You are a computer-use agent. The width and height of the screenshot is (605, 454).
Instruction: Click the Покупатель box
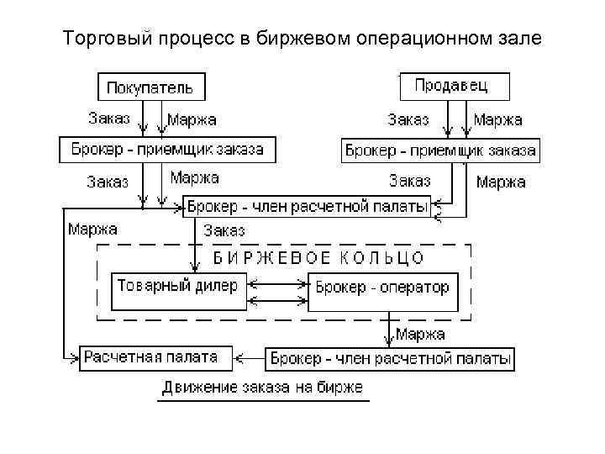(x=152, y=87)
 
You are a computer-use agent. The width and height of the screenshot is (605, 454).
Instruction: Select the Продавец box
(x=455, y=86)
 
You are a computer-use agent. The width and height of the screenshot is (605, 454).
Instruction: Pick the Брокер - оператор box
(x=383, y=288)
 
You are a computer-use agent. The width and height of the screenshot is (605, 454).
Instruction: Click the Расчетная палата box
(x=150, y=357)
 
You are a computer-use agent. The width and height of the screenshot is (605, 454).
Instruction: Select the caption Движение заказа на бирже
(x=263, y=388)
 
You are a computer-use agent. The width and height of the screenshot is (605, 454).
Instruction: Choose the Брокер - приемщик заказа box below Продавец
(x=440, y=151)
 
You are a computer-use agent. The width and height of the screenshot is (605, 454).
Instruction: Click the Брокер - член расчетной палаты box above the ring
(x=308, y=206)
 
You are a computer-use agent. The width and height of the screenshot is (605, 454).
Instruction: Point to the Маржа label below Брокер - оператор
(x=421, y=335)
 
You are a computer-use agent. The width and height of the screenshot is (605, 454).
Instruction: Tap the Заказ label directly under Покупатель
(x=109, y=119)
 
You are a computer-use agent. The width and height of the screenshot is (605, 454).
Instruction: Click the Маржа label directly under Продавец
(x=498, y=120)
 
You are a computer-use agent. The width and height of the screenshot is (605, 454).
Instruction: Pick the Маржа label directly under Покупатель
(x=192, y=120)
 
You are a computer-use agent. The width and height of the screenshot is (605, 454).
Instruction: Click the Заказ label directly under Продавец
(x=408, y=120)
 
